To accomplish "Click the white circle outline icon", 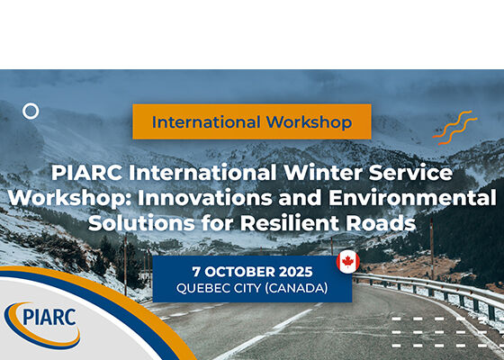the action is coord(31,105).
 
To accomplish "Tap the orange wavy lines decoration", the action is coord(454,128).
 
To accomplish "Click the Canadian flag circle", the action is coord(348,262).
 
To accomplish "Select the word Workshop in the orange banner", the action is coord(309,122).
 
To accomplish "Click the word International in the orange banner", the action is coord(206,122).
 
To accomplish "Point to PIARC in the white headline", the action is coord(86,173).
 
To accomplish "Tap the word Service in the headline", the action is coord(410,173).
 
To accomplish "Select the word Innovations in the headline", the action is coord(205,198).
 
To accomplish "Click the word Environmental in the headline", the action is coord(412,198).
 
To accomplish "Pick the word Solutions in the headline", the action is coord(141,223).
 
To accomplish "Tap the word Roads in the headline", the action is coord(381,223).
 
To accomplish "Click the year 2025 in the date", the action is coord(296,272).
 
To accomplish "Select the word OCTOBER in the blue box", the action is coord(239,272).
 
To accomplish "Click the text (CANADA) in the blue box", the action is coord(296,288).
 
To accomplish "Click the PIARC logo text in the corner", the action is coord(49,317).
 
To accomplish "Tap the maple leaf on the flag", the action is coord(348,262).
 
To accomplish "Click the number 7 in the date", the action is coord(196,272).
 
